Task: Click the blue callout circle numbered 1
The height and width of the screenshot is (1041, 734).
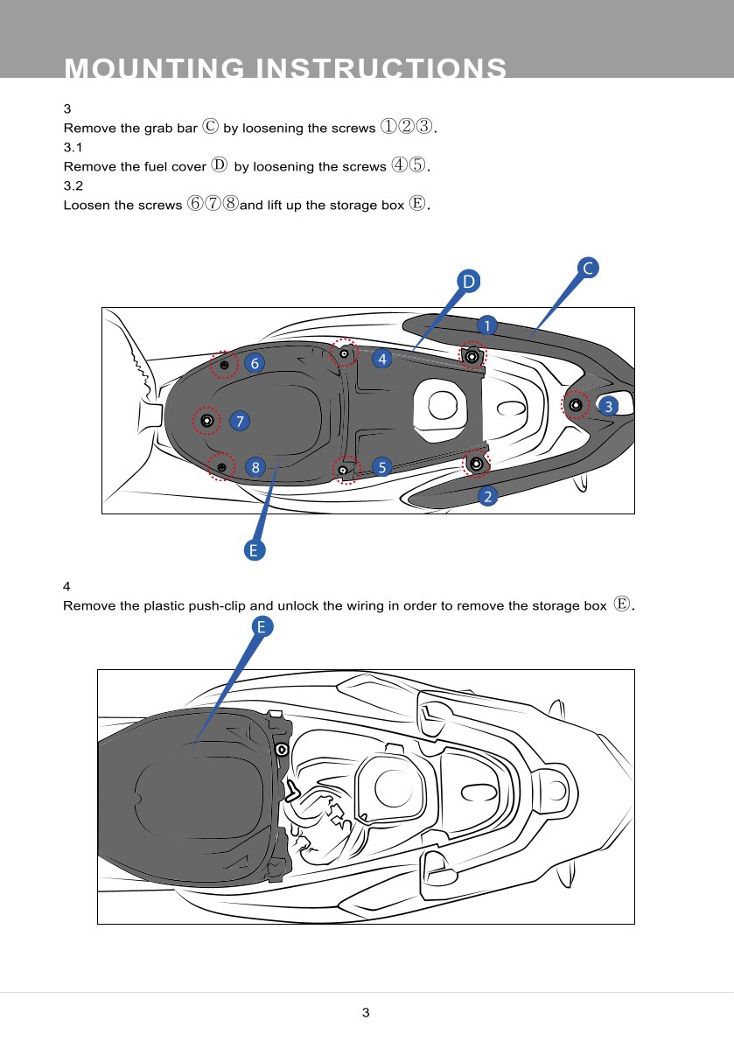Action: (487, 325)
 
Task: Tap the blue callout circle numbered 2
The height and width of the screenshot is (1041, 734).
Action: (488, 496)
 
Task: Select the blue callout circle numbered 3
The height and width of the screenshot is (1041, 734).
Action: (609, 406)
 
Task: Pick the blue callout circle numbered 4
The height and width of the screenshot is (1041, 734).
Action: (381, 360)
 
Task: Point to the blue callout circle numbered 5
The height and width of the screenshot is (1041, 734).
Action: (381, 467)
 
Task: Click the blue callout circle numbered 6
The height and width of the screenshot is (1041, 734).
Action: (255, 363)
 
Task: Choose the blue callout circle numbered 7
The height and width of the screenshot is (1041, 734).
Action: (240, 421)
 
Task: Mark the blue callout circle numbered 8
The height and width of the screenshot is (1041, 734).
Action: (255, 467)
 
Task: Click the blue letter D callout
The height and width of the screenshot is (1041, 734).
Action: (469, 282)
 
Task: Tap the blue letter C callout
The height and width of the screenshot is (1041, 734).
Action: (587, 269)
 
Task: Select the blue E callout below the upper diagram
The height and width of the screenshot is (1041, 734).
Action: (254, 549)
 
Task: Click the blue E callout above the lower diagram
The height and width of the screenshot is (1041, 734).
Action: (262, 626)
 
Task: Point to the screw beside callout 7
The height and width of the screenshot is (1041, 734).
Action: (206, 420)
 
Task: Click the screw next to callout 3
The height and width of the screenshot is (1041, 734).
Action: (576, 404)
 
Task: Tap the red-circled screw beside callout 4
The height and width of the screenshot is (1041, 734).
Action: (344, 354)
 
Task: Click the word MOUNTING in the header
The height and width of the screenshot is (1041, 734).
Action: (155, 67)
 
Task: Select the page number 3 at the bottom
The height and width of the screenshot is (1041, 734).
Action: (366, 1012)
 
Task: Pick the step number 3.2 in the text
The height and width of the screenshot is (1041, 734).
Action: (73, 185)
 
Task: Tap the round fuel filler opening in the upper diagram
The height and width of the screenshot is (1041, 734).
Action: (443, 405)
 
